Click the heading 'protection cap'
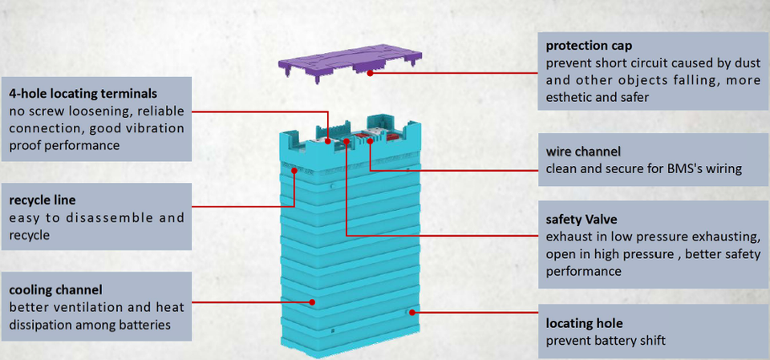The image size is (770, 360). pos(587,45)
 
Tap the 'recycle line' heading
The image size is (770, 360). pos(44,200)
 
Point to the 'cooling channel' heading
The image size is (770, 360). pos(56,289)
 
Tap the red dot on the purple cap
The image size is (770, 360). pos(371,74)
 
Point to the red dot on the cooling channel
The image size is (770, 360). pos(313,302)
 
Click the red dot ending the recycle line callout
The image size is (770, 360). pos(294,170)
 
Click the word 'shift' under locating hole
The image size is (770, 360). pos(650,341)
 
